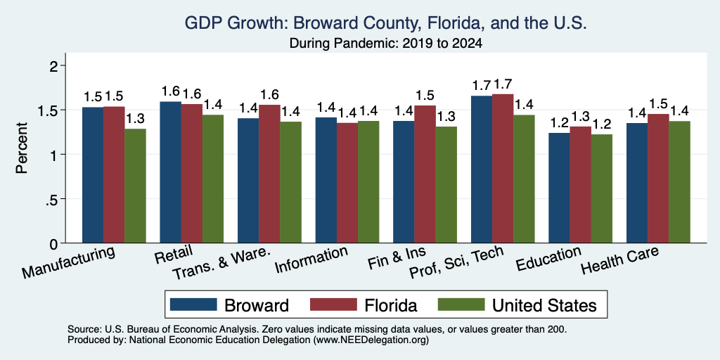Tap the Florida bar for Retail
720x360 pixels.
click(191, 174)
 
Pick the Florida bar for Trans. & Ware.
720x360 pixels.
click(269, 174)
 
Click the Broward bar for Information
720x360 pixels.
click(326, 180)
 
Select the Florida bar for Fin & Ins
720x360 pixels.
click(425, 174)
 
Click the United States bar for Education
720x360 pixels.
click(602, 188)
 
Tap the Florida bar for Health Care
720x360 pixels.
click(658, 179)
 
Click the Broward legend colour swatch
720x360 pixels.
click(193, 304)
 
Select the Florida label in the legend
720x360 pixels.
click(391, 305)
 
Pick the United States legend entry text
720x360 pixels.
click(544, 305)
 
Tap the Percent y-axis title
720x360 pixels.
click(22, 148)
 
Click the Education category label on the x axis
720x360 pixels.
click(549, 259)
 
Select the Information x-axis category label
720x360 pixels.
click(311, 260)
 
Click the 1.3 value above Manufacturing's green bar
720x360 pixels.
click(135, 119)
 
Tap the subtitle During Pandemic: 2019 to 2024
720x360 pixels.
click(386, 44)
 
